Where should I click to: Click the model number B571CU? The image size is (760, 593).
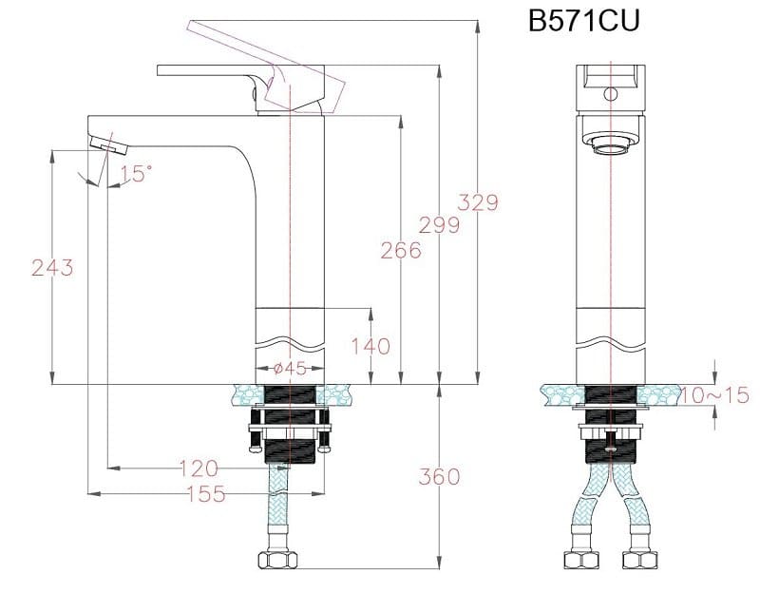[583, 22]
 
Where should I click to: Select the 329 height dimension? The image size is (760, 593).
[478, 202]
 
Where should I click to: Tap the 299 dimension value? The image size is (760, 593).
[440, 225]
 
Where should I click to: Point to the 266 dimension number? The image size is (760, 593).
[400, 251]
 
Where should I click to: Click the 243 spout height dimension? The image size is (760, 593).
[52, 268]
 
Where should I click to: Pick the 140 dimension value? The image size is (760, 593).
[370, 346]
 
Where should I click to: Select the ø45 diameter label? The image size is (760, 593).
[289, 369]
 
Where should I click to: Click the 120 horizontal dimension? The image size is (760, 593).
[198, 468]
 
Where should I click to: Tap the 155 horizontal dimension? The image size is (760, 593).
[205, 493]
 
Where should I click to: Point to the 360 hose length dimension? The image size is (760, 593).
[439, 476]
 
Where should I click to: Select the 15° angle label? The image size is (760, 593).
[136, 173]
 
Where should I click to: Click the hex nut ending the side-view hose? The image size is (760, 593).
[278, 560]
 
